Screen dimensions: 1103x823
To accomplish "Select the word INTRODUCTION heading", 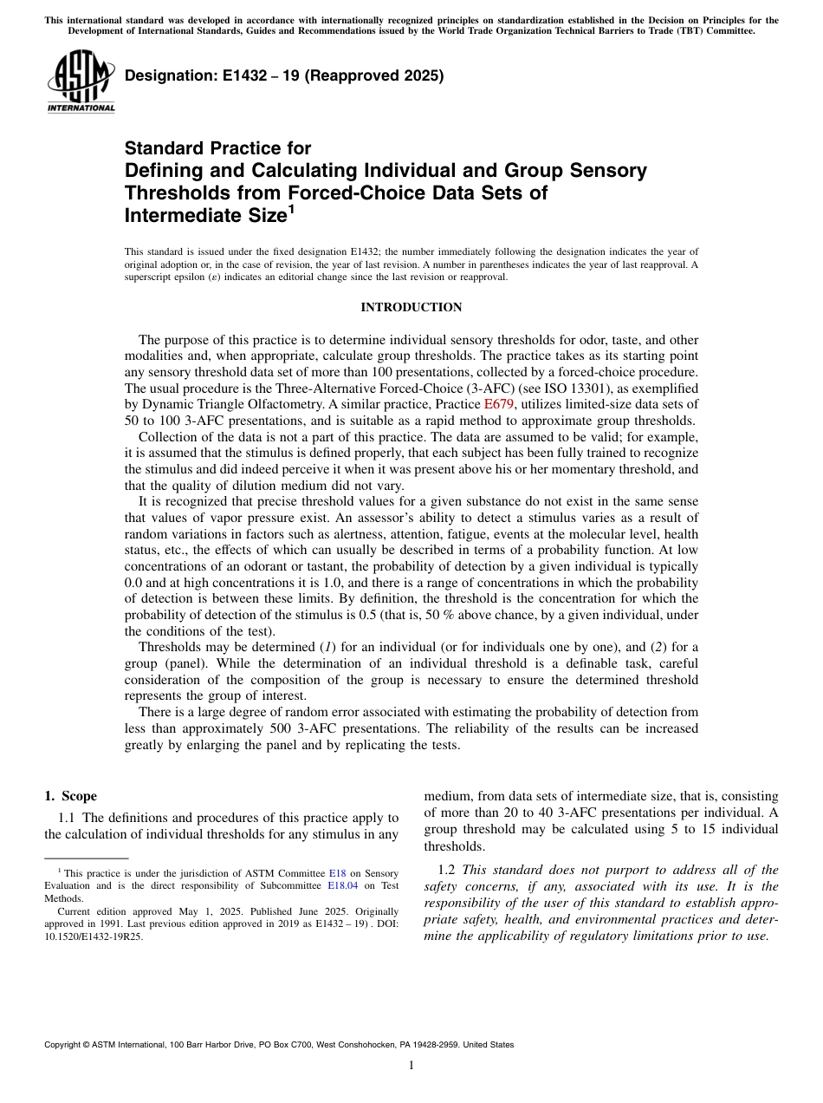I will [x=411, y=308].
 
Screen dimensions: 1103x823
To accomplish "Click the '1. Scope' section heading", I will [x=71, y=796].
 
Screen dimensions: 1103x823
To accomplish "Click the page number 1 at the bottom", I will [x=411, y=1065].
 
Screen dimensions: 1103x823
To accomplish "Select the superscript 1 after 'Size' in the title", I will [x=292, y=209].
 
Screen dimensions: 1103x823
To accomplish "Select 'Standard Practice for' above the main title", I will [x=217, y=148].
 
